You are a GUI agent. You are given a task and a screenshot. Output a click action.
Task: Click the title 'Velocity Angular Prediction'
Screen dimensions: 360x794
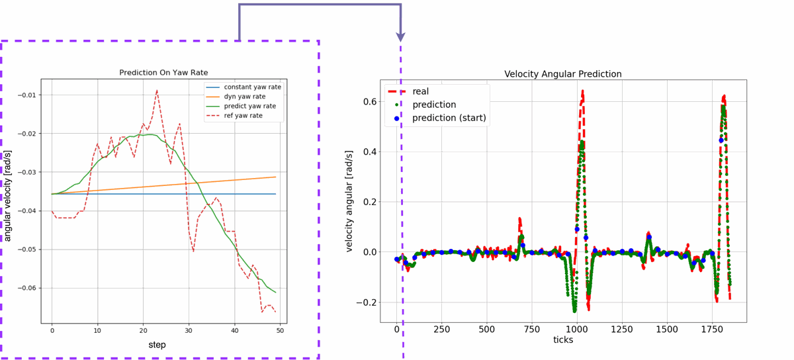tap(563, 74)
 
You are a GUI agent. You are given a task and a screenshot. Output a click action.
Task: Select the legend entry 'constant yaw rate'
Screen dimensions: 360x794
tap(252, 87)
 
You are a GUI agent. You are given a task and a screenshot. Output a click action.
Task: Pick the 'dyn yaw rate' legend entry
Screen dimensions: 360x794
tap(244, 97)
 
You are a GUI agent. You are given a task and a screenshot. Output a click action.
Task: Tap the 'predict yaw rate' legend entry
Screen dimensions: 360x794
tap(250, 106)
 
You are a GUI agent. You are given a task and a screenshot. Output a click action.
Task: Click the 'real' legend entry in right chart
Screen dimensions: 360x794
tap(420, 91)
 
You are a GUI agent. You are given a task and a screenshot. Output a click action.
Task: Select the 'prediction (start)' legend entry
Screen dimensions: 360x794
tap(449, 118)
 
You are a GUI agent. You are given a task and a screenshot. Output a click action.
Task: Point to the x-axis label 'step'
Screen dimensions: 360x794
tap(157, 345)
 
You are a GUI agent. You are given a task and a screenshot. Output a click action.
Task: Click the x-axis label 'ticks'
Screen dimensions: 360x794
tap(563, 340)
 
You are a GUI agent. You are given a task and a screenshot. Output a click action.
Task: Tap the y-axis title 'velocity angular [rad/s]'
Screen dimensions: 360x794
tap(349, 201)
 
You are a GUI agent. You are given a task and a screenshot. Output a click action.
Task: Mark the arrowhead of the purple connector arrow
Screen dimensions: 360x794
tap(400, 37)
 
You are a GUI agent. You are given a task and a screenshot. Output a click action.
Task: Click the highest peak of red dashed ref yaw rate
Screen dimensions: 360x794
tap(157, 90)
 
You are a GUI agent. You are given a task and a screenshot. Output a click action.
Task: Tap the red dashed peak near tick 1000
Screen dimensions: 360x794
tap(582, 91)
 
